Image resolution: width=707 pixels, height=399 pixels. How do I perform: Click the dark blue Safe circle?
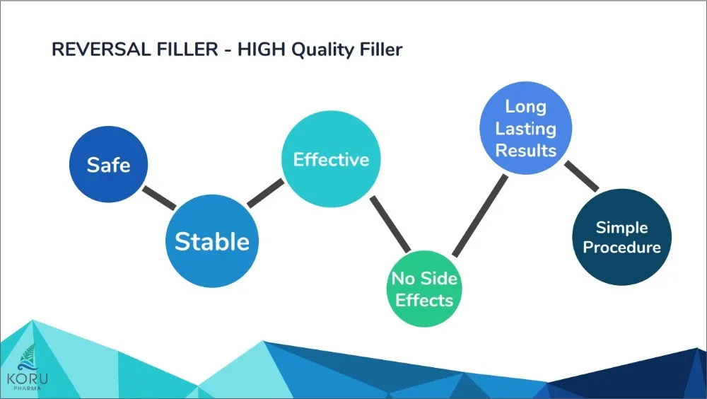click(108, 164)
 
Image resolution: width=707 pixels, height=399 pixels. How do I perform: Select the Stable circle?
click(212, 241)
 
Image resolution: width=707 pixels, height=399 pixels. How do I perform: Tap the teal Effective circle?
click(331, 159)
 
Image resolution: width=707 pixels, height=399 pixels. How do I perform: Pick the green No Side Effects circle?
click(424, 289)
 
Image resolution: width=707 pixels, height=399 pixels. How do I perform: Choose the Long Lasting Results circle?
click(526, 128)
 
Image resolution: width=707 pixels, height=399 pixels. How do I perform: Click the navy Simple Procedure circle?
click(621, 237)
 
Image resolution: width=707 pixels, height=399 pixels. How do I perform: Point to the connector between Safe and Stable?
click(159, 198)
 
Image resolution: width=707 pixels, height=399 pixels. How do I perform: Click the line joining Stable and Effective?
click(266, 193)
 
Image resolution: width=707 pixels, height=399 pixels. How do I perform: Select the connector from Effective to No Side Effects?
click(390, 224)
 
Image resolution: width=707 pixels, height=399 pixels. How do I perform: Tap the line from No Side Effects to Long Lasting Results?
click(480, 216)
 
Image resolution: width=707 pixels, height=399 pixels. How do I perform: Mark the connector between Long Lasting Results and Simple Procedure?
click(582, 176)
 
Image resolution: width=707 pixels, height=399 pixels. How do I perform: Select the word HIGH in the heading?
click(262, 50)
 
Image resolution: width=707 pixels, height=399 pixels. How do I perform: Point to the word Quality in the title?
click(323, 50)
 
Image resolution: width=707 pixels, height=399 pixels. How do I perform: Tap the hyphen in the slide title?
click(228, 50)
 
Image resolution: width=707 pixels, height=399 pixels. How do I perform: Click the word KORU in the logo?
click(27, 378)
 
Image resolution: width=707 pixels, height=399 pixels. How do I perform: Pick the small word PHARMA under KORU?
click(27, 388)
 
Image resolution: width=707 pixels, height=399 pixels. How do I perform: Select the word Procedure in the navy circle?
click(621, 248)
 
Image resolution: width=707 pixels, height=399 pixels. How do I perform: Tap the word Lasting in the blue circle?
click(526, 129)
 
